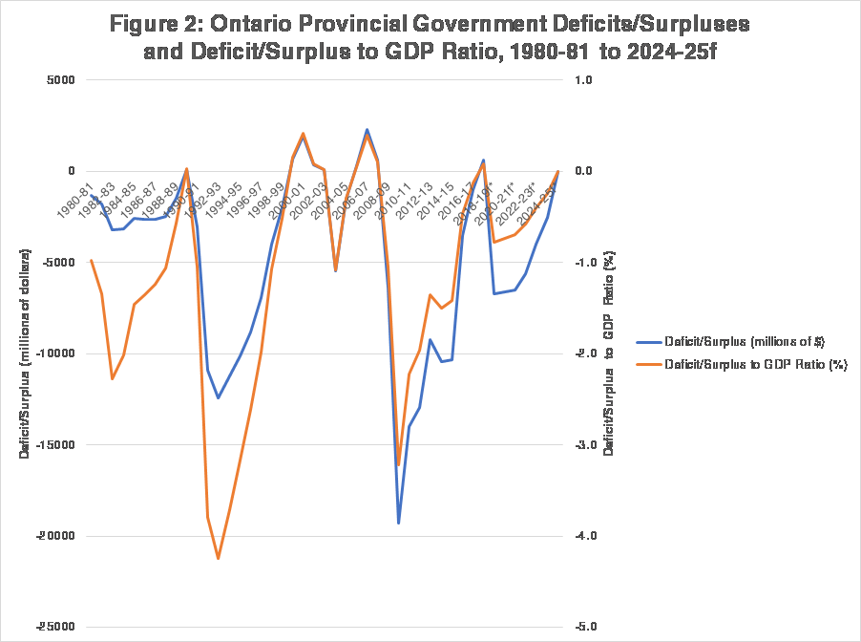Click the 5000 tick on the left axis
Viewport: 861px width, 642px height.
pos(58,81)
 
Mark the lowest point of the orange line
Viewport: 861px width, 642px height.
pos(219,558)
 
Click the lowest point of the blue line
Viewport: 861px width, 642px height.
pos(398,523)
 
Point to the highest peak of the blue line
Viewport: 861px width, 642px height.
pos(367,130)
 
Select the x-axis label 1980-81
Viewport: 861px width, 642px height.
pos(74,202)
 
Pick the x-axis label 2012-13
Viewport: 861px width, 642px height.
pos(417,202)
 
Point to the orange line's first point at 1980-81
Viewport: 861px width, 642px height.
pos(91,260)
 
